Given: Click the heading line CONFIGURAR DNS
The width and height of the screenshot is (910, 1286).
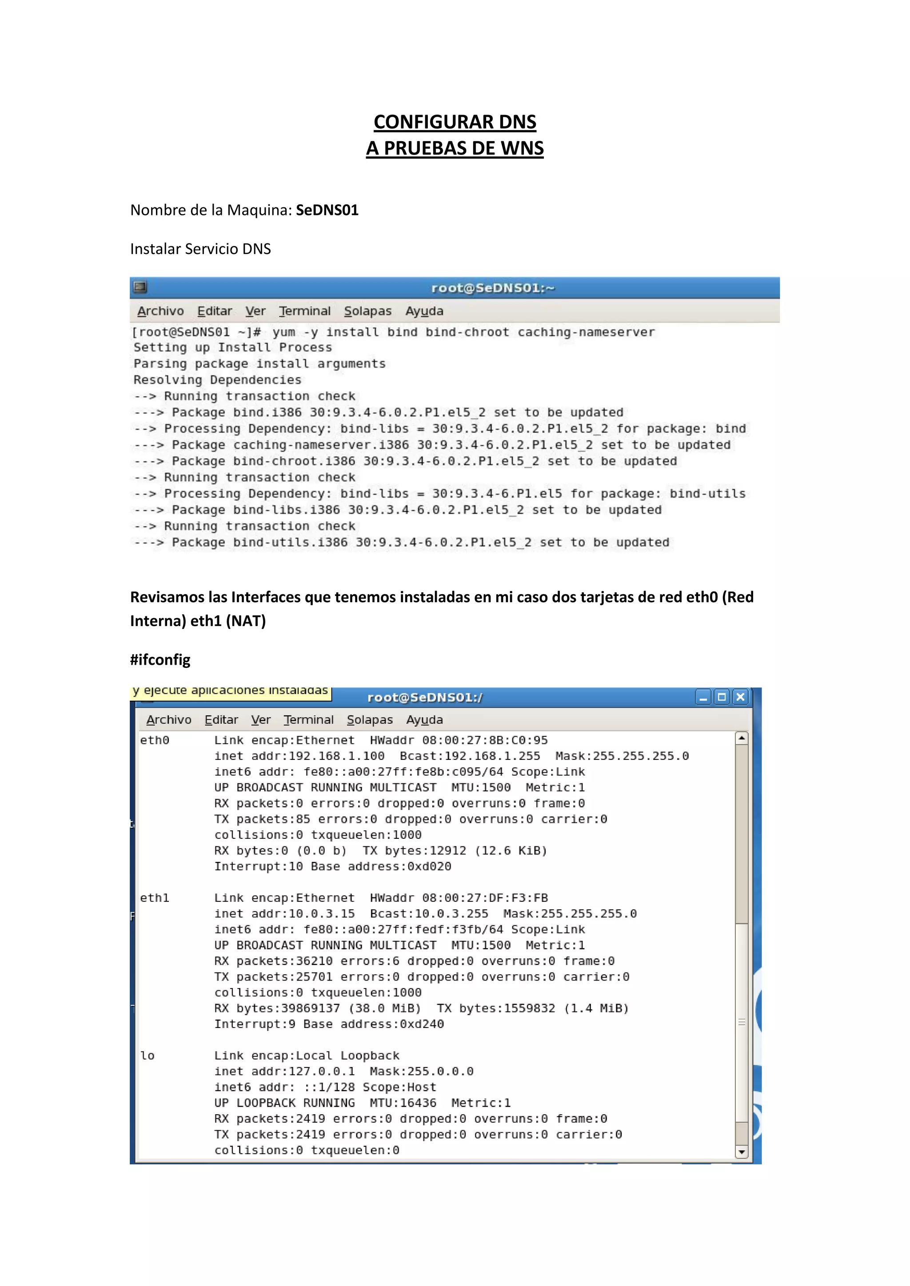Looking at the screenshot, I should pyautogui.click(x=455, y=122).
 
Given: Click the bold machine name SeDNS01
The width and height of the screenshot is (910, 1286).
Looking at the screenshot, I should pyautogui.click(x=327, y=210).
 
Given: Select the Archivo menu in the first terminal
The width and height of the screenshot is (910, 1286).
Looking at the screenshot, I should pyautogui.click(x=160, y=311).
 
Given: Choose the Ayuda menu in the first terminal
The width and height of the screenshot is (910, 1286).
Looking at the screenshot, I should pyautogui.click(x=424, y=311).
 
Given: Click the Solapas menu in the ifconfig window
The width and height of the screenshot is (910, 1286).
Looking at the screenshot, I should pyautogui.click(x=369, y=720).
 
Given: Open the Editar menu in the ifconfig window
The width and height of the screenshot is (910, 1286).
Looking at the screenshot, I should pyautogui.click(x=221, y=720).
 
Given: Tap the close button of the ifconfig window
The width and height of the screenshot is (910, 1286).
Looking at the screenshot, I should pyautogui.click(x=740, y=697).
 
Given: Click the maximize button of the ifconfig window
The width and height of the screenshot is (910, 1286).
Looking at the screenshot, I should pyautogui.click(x=722, y=697).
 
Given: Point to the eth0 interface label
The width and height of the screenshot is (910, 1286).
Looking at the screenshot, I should pyautogui.click(x=155, y=740).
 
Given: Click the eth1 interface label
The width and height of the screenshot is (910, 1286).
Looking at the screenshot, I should pyautogui.click(x=155, y=898).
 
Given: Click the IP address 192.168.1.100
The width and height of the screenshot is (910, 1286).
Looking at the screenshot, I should pyautogui.click(x=336, y=756).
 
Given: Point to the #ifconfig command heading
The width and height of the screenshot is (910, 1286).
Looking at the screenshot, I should pyautogui.click(x=160, y=660).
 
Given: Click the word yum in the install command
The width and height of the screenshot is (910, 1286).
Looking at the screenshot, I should pyautogui.click(x=283, y=332).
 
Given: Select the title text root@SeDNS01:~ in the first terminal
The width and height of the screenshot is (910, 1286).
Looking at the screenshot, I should pyautogui.click(x=492, y=288).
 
